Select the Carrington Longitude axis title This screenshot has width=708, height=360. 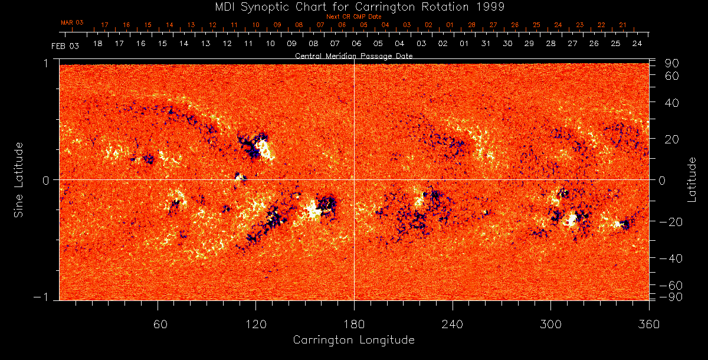pos(353,340)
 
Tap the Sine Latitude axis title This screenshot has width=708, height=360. pos(19,179)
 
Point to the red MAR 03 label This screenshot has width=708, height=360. pos(72,22)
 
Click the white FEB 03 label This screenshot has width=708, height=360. pos(65,45)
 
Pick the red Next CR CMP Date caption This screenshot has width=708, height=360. pos(353,17)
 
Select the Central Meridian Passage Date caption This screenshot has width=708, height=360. pos(353,55)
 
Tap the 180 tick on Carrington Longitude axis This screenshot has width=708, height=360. pos(354,324)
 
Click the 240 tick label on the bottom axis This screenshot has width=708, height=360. pos(453,324)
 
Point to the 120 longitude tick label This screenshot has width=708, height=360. pos(255,324)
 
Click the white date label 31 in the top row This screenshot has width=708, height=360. pos(486,44)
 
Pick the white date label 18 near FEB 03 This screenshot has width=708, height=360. pos(97,44)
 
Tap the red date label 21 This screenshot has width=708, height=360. pos(622,25)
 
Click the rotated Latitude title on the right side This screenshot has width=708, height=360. pos(692,179)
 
